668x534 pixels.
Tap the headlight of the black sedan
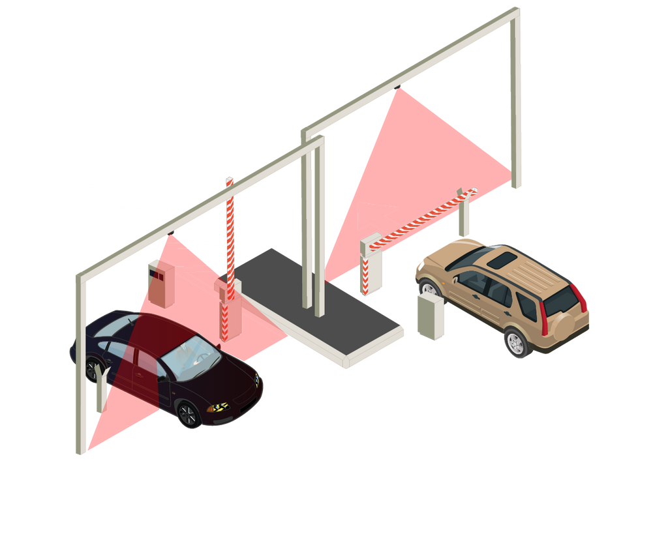tap(218, 408)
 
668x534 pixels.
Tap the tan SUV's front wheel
tap(428, 288)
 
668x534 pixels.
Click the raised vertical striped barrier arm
tap(230, 228)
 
